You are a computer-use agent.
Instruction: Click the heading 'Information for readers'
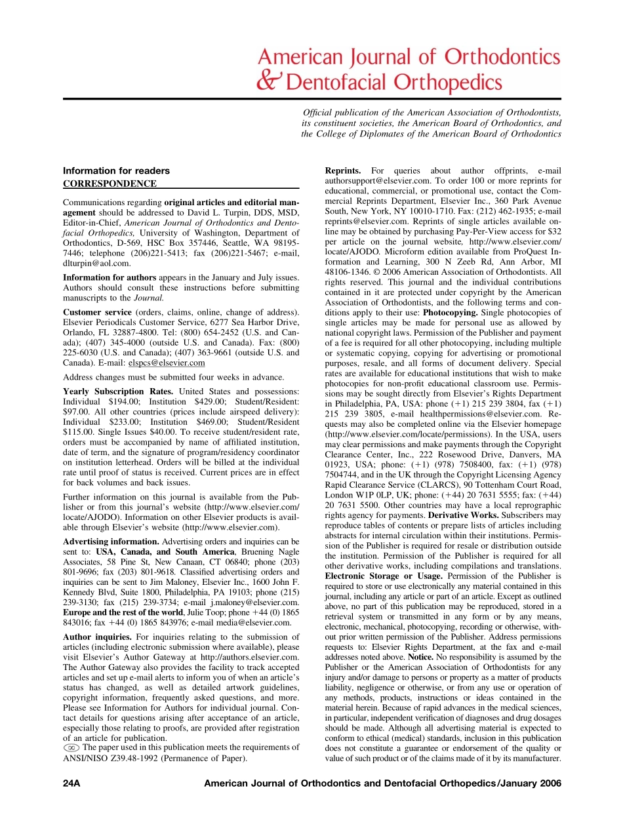[x=107, y=171]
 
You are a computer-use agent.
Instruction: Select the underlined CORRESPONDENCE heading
[x=110, y=184]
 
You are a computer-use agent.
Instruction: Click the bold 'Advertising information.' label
[x=111, y=542]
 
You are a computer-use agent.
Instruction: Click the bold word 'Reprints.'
[x=344, y=171]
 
